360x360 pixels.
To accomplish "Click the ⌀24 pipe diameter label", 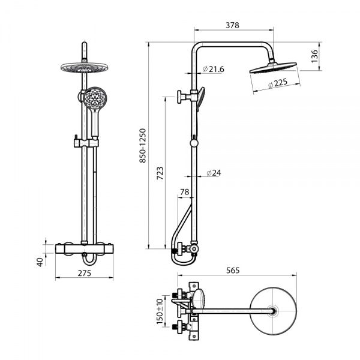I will coord(212,173).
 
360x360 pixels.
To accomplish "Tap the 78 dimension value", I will coord(185,193).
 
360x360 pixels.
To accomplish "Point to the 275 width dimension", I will coord(85,274).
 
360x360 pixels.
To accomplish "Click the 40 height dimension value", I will coord(40,262).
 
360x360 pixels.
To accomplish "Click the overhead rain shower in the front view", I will coord(79,67).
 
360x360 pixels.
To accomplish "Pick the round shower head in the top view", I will coord(275,310).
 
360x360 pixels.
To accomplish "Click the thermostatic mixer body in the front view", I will coord(85,248).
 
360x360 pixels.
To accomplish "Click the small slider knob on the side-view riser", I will coord(193,143).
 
